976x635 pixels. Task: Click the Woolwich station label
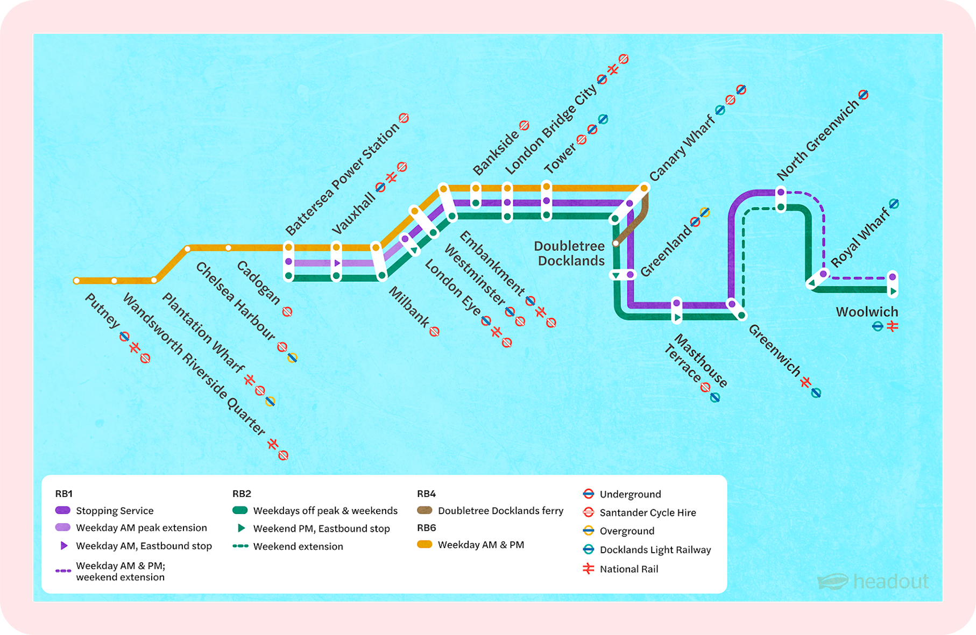[867, 312]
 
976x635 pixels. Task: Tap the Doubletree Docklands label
[570, 253]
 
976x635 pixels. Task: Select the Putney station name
[102, 311]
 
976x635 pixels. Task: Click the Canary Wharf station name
[682, 148]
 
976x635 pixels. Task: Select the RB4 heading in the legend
[426, 494]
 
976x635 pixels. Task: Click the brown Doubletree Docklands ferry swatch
[425, 510]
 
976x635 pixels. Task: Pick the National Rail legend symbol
[589, 568]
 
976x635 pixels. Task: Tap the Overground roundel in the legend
[589, 531]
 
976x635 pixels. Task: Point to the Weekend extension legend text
[298, 546]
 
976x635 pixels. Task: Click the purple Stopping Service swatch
[63, 510]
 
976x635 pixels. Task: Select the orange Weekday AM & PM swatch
[425, 545]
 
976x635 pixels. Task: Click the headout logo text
[890, 581]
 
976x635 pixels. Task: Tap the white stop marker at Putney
[77, 281]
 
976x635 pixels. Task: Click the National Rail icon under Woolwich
[893, 326]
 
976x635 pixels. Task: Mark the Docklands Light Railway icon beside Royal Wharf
[894, 204]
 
